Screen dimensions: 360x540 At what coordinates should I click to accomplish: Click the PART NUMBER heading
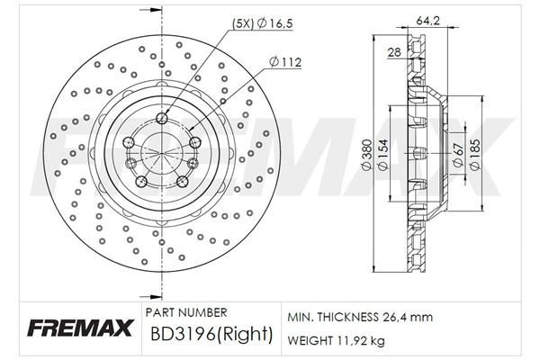tap(185, 312)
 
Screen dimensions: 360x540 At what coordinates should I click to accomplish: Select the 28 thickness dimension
tap(393, 54)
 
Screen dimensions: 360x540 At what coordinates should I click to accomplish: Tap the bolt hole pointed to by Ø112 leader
tap(194, 140)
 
